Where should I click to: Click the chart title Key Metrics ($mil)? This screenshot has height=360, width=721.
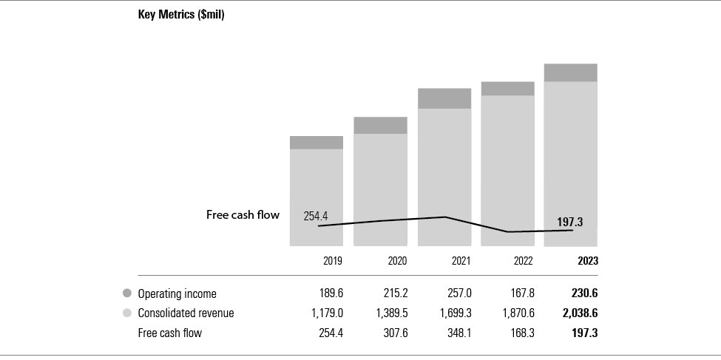click(181, 15)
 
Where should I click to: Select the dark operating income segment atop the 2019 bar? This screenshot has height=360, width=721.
click(317, 143)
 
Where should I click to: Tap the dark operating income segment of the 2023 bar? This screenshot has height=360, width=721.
click(570, 72)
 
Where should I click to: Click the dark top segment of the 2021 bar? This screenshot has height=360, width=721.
click(444, 98)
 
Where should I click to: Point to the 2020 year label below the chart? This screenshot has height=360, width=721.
click(396, 261)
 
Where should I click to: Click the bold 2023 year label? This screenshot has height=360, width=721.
click(588, 261)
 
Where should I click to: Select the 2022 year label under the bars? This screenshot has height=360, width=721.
click(524, 261)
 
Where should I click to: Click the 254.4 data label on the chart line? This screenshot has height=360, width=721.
click(316, 216)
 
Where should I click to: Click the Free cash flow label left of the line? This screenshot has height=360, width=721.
click(243, 215)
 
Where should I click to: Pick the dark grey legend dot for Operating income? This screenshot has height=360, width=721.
click(127, 293)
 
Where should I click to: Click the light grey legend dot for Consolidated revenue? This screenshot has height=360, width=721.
click(127, 313)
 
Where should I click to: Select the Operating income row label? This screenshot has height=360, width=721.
click(177, 293)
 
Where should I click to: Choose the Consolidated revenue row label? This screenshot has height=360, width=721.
click(186, 313)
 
